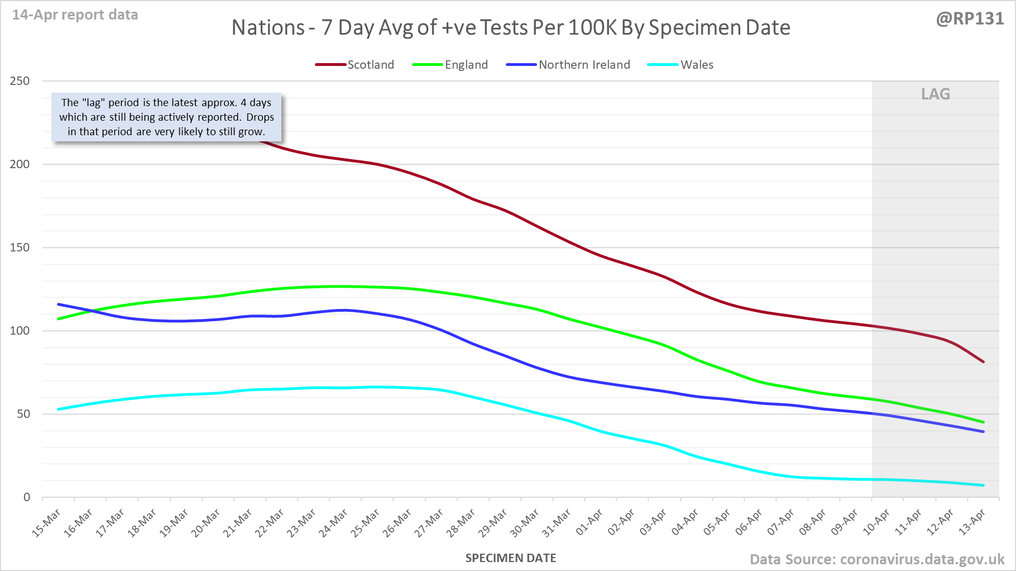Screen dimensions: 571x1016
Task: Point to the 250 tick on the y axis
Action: point(20,81)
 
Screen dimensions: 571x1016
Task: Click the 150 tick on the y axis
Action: point(20,248)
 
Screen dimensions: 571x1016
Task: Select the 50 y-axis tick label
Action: point(23,414)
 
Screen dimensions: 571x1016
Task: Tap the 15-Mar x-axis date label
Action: point(46,524)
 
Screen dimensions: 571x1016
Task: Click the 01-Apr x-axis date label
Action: point(590,522)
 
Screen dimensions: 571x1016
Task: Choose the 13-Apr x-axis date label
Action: point(972,522)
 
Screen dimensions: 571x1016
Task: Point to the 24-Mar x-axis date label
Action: point(334,524)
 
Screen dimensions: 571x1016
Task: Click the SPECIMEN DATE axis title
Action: point(511,558)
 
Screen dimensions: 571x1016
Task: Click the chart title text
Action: point(511,27)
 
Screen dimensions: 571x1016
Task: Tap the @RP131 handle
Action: point(970,18)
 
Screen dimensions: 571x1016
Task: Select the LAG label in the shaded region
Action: point(936,94)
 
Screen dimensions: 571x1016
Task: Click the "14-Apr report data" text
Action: point(75,15)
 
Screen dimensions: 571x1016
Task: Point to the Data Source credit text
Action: point(877,559)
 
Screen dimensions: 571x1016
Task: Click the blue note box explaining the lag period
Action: point(166,117)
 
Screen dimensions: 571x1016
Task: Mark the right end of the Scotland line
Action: point(983,361)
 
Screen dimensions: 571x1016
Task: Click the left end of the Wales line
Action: point(59,410)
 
